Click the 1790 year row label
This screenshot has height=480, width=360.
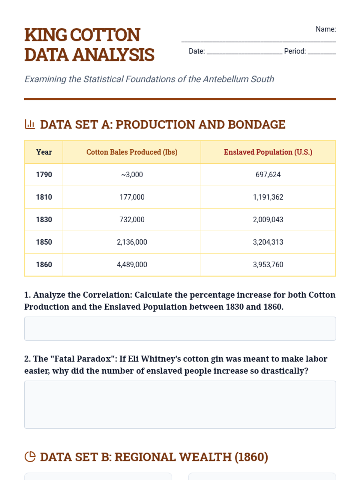coord(44,175)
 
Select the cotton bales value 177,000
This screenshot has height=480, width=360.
coord(132,197)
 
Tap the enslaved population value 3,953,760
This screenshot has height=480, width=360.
coord(268,265)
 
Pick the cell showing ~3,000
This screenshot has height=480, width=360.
coord(132,175)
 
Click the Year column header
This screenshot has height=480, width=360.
coord(44,152)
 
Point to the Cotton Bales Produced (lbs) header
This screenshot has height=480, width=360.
coord(132,152)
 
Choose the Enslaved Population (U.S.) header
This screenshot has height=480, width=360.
coord(268,152)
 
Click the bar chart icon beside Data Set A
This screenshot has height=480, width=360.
coord(30,124)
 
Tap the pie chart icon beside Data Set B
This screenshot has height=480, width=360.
coord(30,457)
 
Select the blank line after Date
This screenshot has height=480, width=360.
coord(244,53)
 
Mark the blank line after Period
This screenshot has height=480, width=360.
coord(322,53)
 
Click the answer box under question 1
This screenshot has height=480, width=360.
coord(180,328)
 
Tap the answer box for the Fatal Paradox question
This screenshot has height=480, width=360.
coord(180,404)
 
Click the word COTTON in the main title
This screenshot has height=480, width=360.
coord(105,35)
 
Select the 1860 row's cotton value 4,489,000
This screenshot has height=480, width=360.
coord(132,265)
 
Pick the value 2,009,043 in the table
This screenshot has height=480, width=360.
coord(268,220)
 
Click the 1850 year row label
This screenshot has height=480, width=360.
coord(44,242)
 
